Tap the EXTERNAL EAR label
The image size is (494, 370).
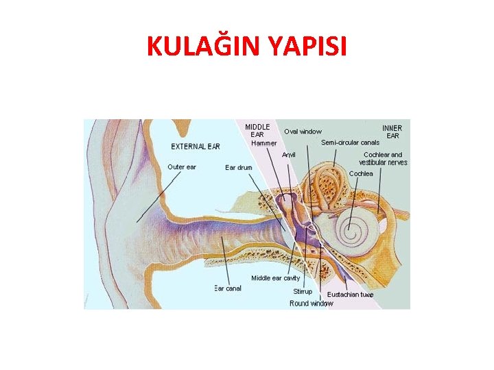[x=196, y=146]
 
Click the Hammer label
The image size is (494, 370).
[x=264, y=143]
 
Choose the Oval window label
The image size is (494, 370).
[x=303, y=132]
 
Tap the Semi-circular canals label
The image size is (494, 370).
[x=350, y=143]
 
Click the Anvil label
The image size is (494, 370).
[x=289, y=155]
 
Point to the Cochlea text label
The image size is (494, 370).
[x=361, y=174]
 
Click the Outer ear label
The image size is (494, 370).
[x=182, y=167]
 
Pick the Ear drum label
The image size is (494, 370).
[x=239, y=167]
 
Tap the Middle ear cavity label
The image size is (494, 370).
[x=275, y=278]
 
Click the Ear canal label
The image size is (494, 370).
[x=228, y=288]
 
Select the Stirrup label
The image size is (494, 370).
[x=303, y=292]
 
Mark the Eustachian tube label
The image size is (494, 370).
[x=350, y=295]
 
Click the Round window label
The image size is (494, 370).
[x=311, y=303]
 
